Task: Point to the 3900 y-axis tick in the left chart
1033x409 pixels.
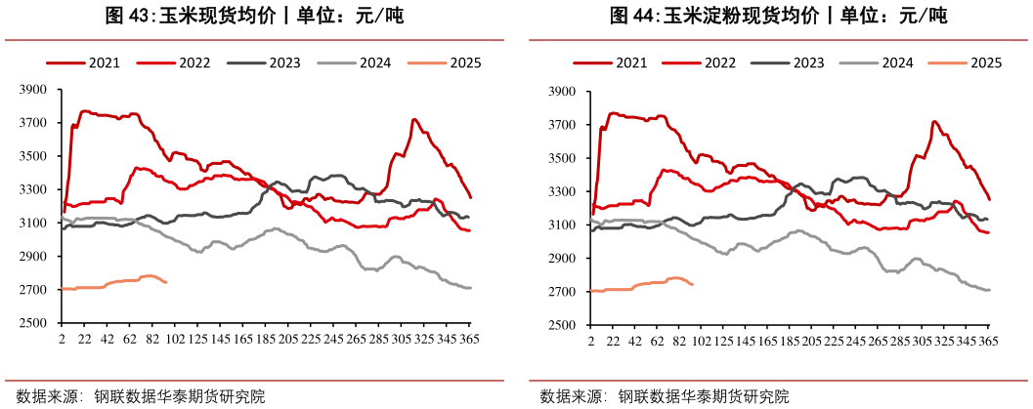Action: click(33, 90)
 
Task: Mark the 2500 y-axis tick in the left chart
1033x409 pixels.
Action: click(33, 323)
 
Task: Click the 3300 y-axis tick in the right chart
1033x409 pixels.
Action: click(562, 191)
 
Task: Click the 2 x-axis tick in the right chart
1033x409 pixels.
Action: click(590, 341)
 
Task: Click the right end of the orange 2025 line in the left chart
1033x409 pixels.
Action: click(167, 282)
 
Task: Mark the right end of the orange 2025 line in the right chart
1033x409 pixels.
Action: click(693, 284)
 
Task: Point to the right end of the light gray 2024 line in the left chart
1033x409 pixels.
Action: click(471, 287)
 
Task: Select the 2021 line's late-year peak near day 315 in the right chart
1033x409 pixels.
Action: click(935, 122)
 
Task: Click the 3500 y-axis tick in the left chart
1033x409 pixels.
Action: click(33, 156)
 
